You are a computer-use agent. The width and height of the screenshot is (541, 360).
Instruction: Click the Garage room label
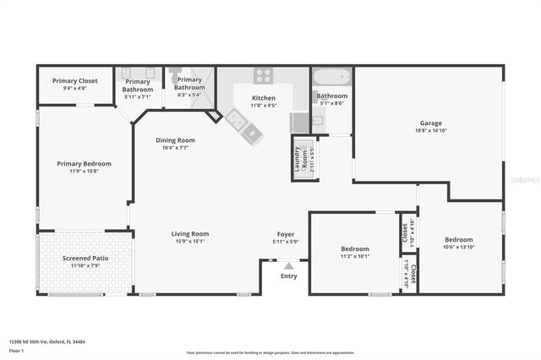coord(431,123)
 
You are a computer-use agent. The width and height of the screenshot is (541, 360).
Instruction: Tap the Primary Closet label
coord(75,81)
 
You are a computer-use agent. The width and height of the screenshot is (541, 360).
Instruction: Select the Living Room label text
coord(190,234)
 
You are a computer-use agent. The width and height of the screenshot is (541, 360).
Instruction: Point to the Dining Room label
coord(175,140)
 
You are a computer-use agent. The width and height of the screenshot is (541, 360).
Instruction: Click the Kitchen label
coord(264,99)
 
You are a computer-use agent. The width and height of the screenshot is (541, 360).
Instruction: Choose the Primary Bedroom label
coord(84,164)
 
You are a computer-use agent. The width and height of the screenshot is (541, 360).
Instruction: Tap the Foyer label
coord(286,234)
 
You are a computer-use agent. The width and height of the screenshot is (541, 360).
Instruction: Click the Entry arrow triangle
coord(288,265)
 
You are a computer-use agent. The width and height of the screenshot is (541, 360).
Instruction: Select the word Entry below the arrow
coord(288,276)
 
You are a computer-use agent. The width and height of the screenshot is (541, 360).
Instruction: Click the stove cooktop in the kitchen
coord(263,75)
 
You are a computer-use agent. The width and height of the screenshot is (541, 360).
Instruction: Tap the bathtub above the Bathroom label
coord(332,79)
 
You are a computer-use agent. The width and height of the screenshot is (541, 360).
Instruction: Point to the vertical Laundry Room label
coord(298,159)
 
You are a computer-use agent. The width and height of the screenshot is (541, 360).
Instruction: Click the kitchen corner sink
coord(238,123)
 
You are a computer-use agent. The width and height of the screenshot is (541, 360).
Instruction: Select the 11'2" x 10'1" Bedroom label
coord(355,249)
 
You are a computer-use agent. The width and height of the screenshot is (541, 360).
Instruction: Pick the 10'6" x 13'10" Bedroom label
coord(459,239)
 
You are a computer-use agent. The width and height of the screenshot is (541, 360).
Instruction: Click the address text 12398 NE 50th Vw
coord(47,342)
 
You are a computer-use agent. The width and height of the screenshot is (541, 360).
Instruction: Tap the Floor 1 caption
coord(17,350)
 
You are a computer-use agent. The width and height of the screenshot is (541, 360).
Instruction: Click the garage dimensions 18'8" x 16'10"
coord(431,131)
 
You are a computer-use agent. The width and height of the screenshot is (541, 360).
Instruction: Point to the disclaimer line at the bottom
coord(270,352)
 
